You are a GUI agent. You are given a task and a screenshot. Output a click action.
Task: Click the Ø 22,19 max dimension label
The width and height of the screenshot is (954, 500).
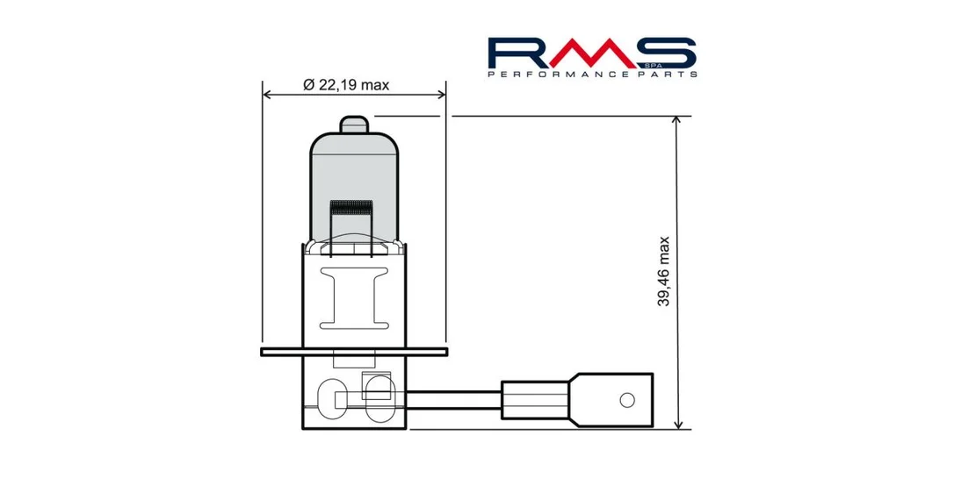coord(345,85)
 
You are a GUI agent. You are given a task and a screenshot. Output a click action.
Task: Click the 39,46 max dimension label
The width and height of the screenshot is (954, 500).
coord(663,272)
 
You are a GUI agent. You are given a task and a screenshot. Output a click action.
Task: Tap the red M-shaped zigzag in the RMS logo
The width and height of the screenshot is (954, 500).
coord(592,53)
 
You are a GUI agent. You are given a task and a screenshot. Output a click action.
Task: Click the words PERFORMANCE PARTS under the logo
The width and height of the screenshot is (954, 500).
coord(592,74)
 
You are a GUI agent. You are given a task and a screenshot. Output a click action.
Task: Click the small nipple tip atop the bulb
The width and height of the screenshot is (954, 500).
coord(354,124)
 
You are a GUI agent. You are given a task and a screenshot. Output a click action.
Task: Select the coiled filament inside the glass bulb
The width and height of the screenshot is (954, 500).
coord(351,209)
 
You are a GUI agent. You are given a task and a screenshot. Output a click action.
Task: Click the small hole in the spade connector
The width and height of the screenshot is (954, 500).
coord(627,400)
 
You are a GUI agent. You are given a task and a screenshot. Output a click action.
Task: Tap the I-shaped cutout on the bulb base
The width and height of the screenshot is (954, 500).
coord(354,298)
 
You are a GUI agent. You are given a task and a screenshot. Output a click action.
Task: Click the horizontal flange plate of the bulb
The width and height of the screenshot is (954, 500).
coord(354,352)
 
